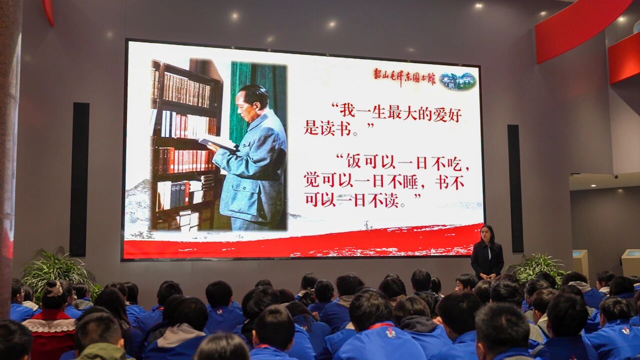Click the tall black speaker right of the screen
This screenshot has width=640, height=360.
click(x=515, y=188)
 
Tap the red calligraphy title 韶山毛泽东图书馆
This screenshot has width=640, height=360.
click(x=404, y=77)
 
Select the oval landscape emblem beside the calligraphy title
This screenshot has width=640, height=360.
click(x=458, y=81)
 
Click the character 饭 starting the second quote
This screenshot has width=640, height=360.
click(x=353, y=162)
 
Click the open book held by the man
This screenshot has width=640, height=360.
click(x=217, y=144)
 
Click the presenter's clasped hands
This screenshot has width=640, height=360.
click(x=487, y=276)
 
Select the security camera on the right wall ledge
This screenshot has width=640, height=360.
click(x=616, y=177)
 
